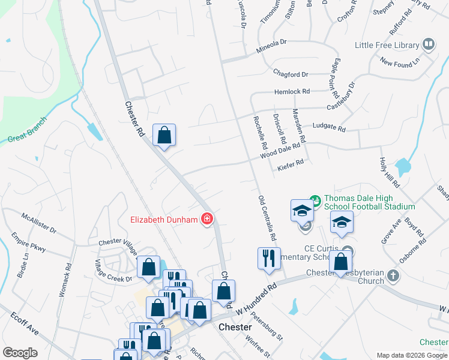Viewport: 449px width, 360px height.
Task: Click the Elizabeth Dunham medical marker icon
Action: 207,219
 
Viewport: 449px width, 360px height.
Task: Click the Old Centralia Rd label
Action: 267,218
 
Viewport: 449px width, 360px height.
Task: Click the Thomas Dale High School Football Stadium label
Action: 369,203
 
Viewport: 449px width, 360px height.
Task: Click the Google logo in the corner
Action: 20,353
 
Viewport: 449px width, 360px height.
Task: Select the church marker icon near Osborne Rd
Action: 393,275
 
